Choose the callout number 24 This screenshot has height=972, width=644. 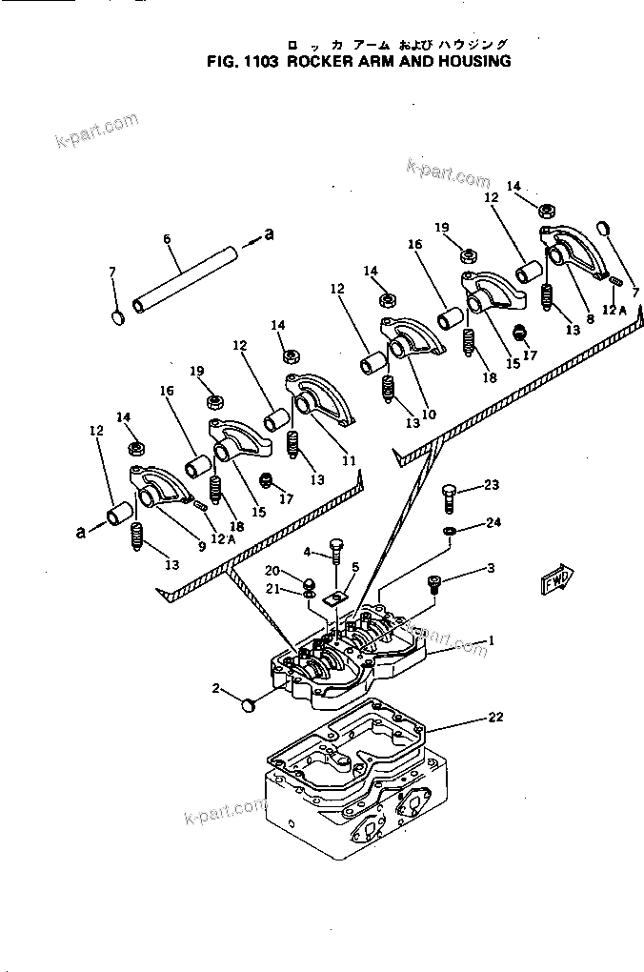[492, 522]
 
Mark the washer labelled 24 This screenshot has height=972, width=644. [449, 530]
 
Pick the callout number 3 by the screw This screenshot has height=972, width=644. [490, 569]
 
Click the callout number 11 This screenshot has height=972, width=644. [349, 460]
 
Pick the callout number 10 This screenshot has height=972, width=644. [429, 415]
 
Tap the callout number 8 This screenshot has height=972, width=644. [589, 318]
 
